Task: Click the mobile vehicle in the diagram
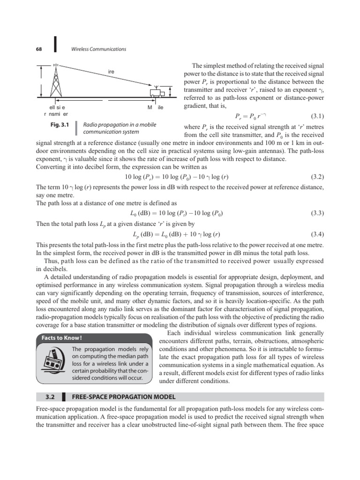tap(157, 92)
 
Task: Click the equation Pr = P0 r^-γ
tap(250, 116)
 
